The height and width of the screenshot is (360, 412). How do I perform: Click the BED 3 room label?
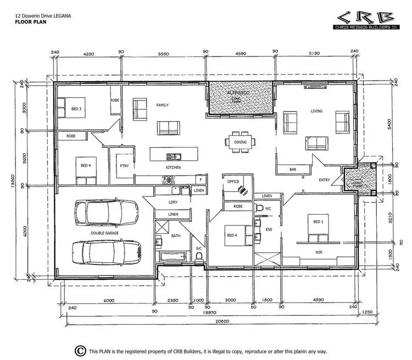[x=76, y=109]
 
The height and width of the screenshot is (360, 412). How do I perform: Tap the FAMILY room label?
[x=162, y=104]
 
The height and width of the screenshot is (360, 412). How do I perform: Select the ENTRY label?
[x=324, y=179]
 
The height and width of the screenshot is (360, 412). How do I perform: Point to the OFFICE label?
[x=233, y=182]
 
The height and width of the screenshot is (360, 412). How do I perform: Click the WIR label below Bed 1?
[x=318, y=252]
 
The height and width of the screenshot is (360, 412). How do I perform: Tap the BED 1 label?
[x=318, y=221]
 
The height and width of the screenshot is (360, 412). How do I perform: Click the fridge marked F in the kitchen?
[x=201, y=179]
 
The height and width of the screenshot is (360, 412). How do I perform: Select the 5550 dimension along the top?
[x=162, y=55]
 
